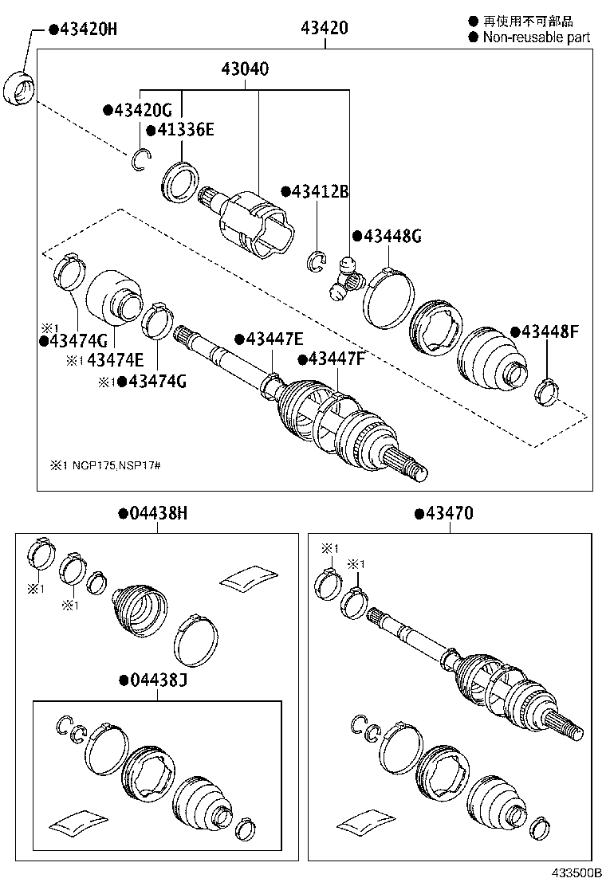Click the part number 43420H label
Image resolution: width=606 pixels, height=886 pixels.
click(x=83, y=29)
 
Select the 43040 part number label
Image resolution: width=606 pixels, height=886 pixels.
click(x=245, y=69)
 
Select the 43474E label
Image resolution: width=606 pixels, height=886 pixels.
click(x=115, y=360)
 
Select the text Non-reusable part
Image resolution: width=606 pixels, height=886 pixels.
click(x=535, y=37)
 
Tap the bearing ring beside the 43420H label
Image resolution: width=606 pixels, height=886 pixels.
click(x=20, y=87)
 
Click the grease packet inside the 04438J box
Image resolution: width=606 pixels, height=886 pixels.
click(x=77, y=822)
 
